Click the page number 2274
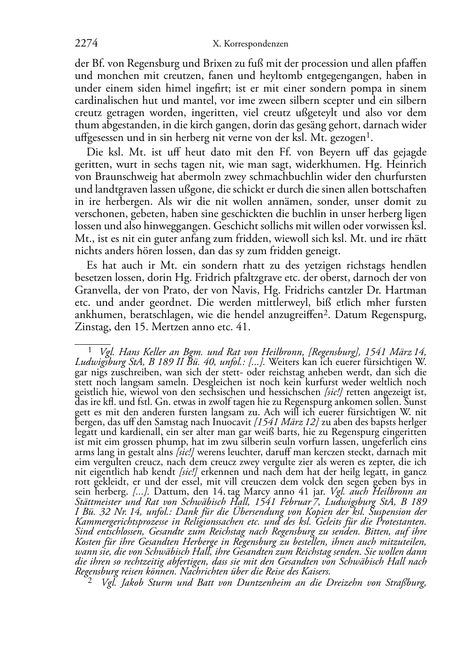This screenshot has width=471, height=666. [x=86, y=44]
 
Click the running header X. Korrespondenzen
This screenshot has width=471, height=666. [x=251, y=44]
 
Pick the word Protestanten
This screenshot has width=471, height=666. [x=402, y=521]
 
